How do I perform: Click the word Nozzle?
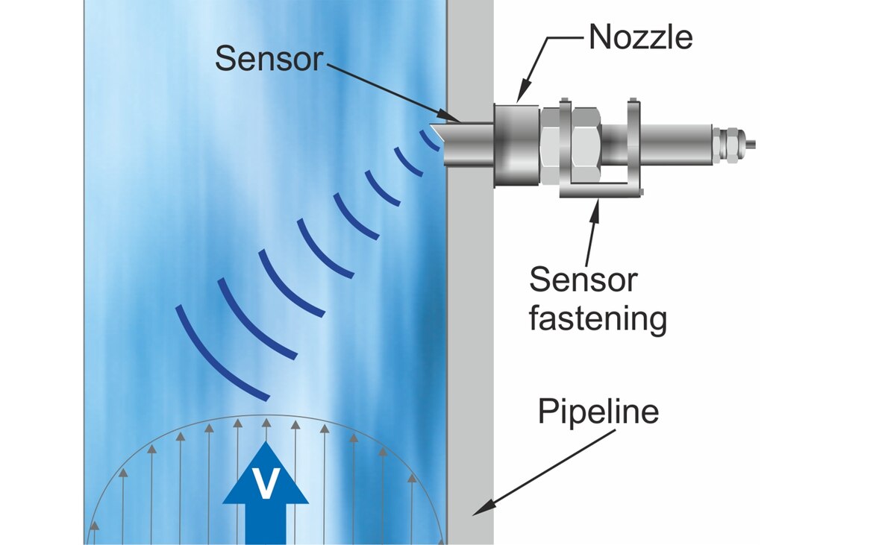coord(640,37)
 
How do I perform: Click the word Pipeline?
coord(598,412)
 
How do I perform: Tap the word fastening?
coord(597,319)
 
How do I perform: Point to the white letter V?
coord(266,485)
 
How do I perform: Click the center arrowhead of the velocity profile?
coord(266,423)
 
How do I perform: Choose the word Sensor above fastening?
coord(583,280)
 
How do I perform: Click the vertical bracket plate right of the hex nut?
coord(633,145)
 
